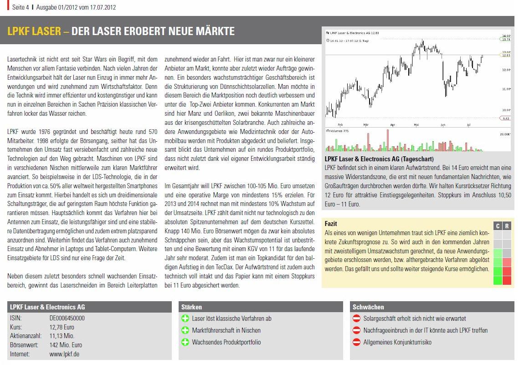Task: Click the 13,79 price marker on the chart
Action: [x=505, y=40]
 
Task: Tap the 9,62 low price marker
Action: [x=505, y=118]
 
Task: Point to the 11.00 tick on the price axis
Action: [x=505, y=89]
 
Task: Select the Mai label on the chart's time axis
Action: [x=416, y=124]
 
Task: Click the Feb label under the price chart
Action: [x=340, y=124]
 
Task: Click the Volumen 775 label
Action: [x=338, y=131]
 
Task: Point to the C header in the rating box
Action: [x=498, y=226]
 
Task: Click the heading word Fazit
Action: [x=331, y=224]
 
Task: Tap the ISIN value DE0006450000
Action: [x=67, y=319]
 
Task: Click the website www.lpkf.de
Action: [x=64, y=354]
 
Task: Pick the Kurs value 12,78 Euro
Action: [x=62, y=327]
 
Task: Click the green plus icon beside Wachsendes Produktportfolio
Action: [x=185, y=342]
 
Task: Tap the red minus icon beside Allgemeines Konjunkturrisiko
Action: [x=357, y=342]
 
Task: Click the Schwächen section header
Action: [x=368, y=307]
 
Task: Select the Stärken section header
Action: [x=191, y=307]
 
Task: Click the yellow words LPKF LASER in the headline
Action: [x=34, y=31]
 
